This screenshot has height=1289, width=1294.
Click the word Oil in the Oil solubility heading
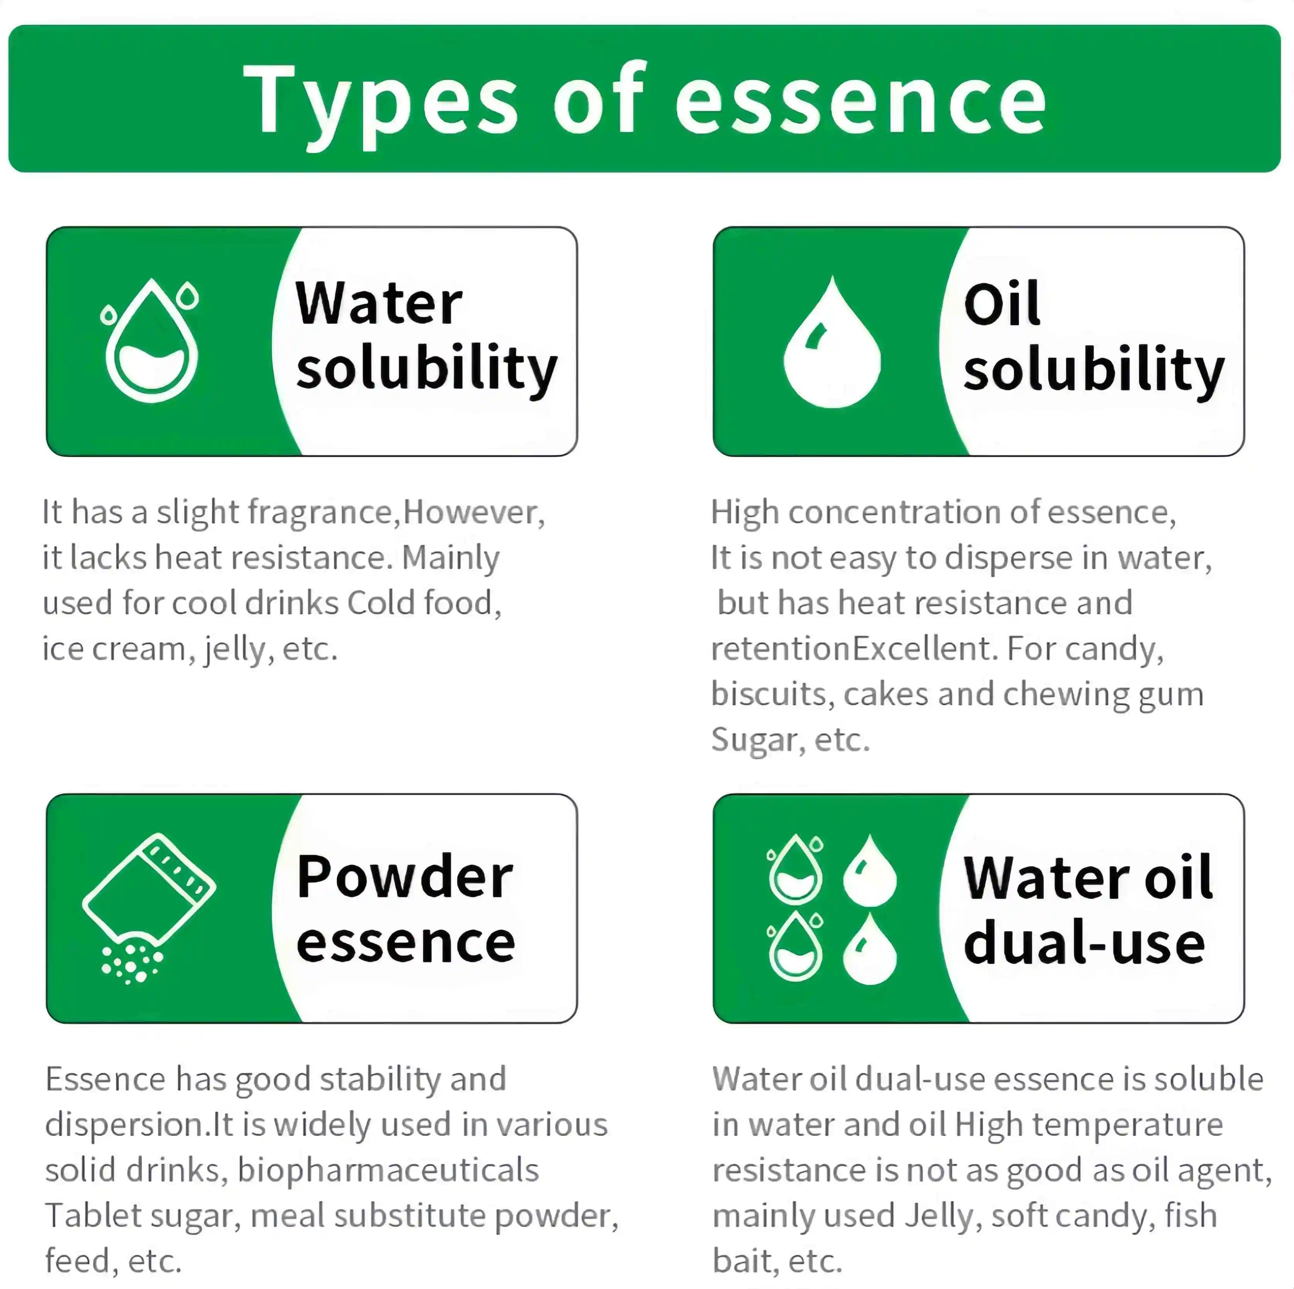click(x=1001, y=304)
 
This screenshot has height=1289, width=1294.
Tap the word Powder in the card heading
click(x=405, y=877)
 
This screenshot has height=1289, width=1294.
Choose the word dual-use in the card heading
click(x=1084, y=943)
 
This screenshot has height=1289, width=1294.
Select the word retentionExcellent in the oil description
click(x=854, y=649)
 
